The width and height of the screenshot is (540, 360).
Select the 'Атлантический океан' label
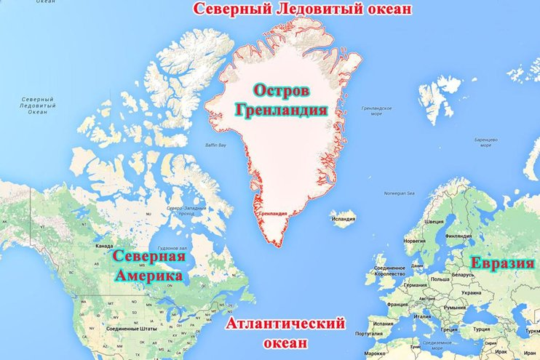tap(285, 332)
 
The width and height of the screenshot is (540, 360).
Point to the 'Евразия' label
tap(502, 263)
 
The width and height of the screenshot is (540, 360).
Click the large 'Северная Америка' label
tap(148, 266)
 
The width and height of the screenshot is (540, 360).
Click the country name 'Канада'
tap(104, 245)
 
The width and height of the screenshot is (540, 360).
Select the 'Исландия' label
tap(344, 215)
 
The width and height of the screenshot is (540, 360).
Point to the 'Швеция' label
tap(434, 222)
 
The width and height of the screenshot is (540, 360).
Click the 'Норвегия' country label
tap(414, 241)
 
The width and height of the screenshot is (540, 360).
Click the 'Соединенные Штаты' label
tap(129, 329)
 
